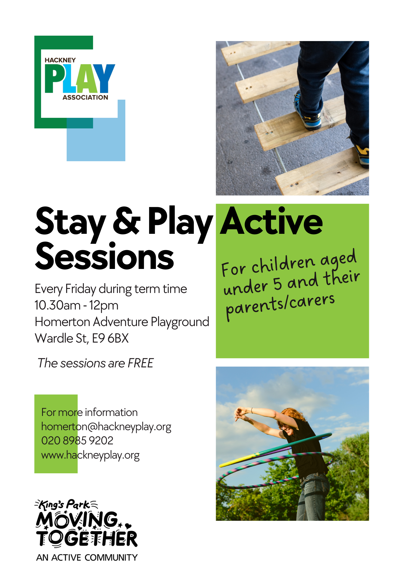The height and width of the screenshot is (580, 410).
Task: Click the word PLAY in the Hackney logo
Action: pyautogui.click(x=80, y=78)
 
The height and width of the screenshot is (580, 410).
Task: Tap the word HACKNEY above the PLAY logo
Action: pyautogui.click(x=60, y=60)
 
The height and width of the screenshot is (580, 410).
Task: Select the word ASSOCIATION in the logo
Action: pyautogui.click(x=85, y=97)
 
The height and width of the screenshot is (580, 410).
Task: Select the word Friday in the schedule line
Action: pyautogui.click(x=80, y=289)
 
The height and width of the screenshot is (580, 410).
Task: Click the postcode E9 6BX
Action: pyautogui.click(x=110, y=338)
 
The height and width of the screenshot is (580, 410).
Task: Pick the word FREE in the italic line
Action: pyautogui.click(x=141, y=363)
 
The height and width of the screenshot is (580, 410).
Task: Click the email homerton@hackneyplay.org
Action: pyautogui.click(x=106, y=427)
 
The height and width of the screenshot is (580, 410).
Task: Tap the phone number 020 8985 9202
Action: pyautogui.click(x=77, y=440)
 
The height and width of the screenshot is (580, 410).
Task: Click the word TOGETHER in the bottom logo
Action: pyautogui.click(x=87, y=538)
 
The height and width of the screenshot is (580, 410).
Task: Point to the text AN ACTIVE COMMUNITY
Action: pyautogui.click(x=87, y=557)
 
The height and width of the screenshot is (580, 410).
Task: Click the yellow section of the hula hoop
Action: pyautogui.click(x=239, y=460)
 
